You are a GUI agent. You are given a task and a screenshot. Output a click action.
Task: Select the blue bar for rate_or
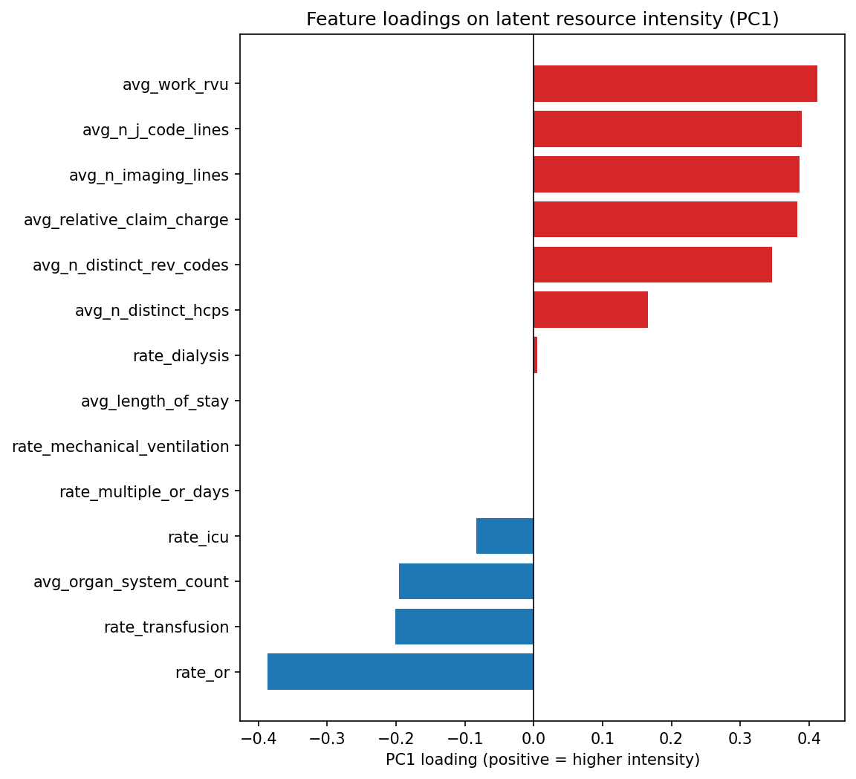tap(400, 672)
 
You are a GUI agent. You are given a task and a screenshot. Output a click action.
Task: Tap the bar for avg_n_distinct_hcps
tap(590, 310)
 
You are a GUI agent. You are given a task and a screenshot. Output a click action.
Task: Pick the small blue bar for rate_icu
tap(505, 536)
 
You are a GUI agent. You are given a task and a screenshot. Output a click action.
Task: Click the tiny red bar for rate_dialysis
tap(535, 355)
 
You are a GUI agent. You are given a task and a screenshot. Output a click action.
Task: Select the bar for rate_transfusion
tap(464, 627)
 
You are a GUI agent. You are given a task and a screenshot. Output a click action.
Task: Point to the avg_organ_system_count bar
tap(466, 581)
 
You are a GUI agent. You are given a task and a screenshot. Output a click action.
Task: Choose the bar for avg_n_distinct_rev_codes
tap(652, 265)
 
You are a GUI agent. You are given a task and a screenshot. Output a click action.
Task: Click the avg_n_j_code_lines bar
tap(667, 129)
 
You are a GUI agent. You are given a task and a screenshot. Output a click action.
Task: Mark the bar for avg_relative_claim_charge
tap(665, 219)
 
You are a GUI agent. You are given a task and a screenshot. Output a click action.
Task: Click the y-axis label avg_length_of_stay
tap(155, 401)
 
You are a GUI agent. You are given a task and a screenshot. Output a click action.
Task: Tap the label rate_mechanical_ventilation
tap(120, 447)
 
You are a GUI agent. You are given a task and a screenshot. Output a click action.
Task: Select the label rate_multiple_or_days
tap(144, 492)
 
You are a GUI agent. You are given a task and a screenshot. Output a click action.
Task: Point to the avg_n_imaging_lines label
tap(149, 175)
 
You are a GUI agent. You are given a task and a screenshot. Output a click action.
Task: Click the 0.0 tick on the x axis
tap(533, 739)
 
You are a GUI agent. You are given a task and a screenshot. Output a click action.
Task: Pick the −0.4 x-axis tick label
tap(257, 739)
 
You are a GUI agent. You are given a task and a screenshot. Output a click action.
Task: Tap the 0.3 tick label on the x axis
tap(740, 739)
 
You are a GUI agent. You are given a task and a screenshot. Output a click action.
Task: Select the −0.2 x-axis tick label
tap(395, 739)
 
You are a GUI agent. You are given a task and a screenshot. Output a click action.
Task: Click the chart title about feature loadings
tap(542, 19)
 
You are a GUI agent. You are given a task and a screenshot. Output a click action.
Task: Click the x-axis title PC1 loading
tap(542, 760)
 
